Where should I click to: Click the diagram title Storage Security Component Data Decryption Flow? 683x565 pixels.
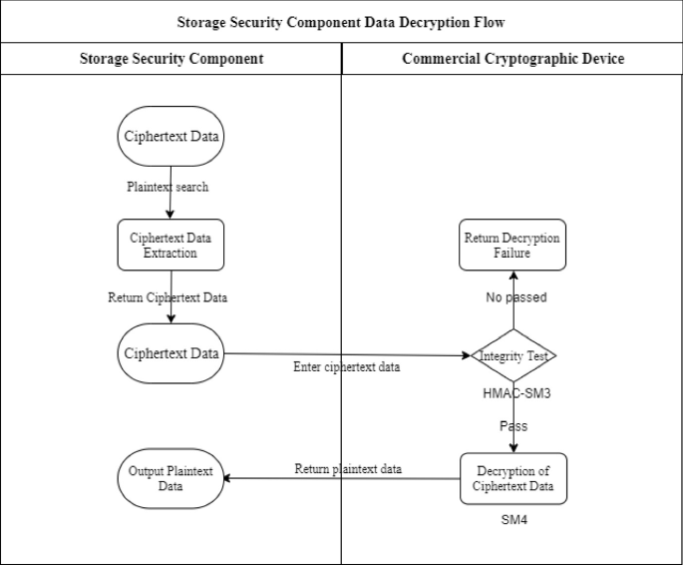341,21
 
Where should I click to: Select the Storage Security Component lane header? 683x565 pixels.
171,59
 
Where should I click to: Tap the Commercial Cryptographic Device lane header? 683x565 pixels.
512,59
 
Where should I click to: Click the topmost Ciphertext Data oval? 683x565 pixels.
171,137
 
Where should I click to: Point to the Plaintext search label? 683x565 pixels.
168,187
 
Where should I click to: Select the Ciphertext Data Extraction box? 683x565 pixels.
171,245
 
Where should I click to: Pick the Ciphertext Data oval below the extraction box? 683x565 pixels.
171,352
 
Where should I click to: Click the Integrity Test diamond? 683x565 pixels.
512,355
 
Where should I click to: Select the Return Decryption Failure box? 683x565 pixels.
512,245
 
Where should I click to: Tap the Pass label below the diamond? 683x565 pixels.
513,426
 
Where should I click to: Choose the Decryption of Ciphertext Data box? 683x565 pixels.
512,478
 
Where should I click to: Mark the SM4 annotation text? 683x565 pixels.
512,521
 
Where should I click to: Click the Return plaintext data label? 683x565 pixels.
348,469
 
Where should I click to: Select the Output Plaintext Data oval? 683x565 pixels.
171,478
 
